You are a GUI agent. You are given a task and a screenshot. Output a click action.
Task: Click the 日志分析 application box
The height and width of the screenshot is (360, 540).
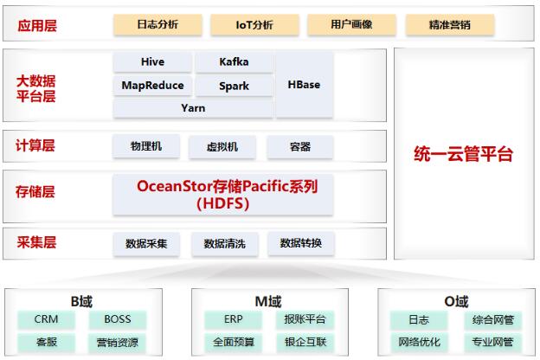pos(157,24)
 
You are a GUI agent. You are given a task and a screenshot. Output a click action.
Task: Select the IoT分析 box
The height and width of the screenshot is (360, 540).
pos(254,24)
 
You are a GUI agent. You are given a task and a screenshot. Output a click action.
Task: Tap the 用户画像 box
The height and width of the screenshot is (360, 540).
pos(351,24)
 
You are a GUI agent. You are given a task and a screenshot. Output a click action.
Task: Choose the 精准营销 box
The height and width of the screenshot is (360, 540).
pos(450,24)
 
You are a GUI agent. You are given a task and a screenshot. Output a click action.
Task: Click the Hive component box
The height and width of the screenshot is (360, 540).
pos(152,62)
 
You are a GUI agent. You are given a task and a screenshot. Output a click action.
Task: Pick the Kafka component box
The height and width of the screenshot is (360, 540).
pos(235,62)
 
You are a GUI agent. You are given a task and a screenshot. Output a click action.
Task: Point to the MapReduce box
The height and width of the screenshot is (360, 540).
pos(152,85)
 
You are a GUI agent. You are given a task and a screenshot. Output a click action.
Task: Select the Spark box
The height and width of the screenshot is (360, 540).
pos(235,86)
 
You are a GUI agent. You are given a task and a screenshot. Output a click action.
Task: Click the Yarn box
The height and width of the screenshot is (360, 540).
pos(193,108)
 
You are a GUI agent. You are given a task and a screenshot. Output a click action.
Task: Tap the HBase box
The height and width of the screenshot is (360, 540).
pos(304,85)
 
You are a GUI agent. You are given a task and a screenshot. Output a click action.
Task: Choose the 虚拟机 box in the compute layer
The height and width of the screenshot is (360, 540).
pos(222,147)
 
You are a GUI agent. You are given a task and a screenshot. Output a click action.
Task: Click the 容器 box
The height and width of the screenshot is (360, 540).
pos(300,147)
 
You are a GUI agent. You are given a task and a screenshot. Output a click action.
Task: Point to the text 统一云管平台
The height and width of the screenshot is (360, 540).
pos(464,154)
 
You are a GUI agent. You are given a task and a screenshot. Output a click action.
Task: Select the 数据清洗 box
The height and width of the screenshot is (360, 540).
pos(224,244)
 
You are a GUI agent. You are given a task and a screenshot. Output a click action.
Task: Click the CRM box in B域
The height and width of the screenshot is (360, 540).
pos(46,319)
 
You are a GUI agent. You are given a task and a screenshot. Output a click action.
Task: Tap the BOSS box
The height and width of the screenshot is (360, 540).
pos(118,319)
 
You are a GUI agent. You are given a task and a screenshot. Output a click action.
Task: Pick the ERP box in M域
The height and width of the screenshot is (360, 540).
pos(233,319)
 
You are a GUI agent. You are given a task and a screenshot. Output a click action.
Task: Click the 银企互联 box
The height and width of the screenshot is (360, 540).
pos(305,342)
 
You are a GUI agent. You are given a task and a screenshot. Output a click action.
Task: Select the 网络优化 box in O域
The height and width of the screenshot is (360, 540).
pos(419,342)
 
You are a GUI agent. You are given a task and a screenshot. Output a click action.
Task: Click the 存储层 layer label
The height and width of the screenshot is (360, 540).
pos(35,192)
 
